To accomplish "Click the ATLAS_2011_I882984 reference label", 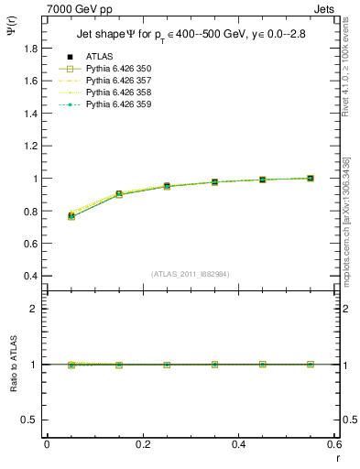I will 190,274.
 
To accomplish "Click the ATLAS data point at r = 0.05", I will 71,216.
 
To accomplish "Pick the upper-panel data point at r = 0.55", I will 311,178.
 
